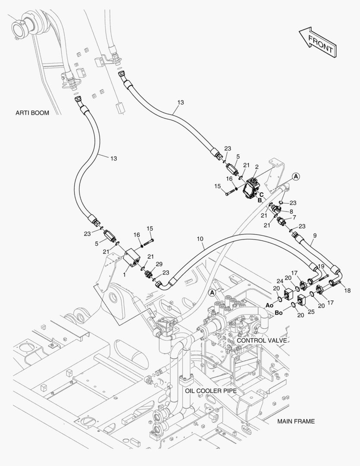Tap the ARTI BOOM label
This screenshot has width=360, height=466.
point(32,113)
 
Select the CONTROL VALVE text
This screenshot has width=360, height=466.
point(262,340)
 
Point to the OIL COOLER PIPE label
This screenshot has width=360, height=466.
point(211,390)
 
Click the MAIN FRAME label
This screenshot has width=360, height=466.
point(296,421)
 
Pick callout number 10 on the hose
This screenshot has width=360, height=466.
point(200,239)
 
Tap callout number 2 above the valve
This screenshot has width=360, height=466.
point(257,167)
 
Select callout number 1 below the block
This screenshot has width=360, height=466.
point(125,275)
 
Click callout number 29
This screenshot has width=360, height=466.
point(159,264)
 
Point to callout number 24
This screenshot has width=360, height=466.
point(280,281)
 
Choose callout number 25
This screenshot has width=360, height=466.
point(311,312)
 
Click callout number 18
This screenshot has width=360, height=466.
point(347,290)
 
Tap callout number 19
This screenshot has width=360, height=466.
point(321,266)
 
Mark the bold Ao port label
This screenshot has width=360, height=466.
point(269,305)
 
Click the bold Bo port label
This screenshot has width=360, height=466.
point(279,313)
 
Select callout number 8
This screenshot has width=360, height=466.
point(291,211)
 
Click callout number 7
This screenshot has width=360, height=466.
point(294,217)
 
